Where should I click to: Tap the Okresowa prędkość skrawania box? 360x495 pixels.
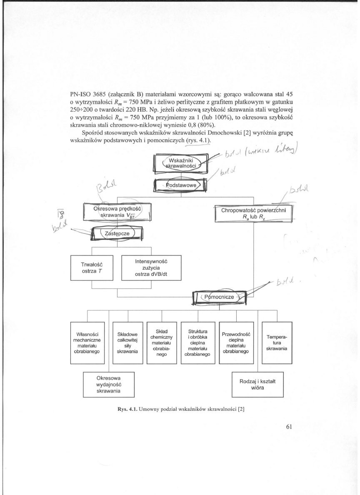coord(116,212)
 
